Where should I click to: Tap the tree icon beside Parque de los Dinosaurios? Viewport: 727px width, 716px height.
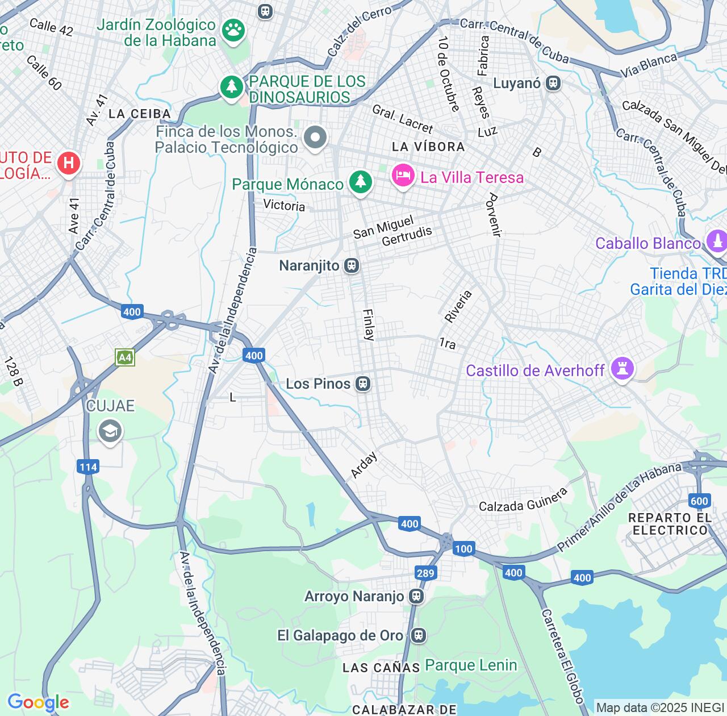click(231, 87)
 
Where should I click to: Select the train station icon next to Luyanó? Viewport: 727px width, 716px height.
click(553, 84)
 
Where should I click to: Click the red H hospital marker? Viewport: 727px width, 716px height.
click(68, 163)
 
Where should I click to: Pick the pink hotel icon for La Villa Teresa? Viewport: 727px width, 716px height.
click(403, 175)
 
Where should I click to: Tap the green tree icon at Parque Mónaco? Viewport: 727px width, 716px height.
click(360, 182)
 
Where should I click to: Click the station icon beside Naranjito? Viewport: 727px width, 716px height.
click(352, 265)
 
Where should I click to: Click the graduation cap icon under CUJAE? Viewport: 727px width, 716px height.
click(110, 431)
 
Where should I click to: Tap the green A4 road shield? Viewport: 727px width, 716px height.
click(125, 357)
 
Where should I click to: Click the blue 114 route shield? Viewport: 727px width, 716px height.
click(88, 467)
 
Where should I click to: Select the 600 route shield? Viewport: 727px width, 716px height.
click(699, 501)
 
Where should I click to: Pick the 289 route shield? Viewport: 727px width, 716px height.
click(425, 573)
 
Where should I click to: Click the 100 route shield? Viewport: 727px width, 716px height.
click(463, 548)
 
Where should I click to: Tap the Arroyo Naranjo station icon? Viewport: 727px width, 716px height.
click(416, 596)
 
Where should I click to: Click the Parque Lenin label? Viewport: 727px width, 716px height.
click(471, 665)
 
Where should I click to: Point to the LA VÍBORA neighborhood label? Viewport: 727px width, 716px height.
click(428, 147)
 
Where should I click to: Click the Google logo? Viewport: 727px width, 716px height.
click(38, 702)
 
